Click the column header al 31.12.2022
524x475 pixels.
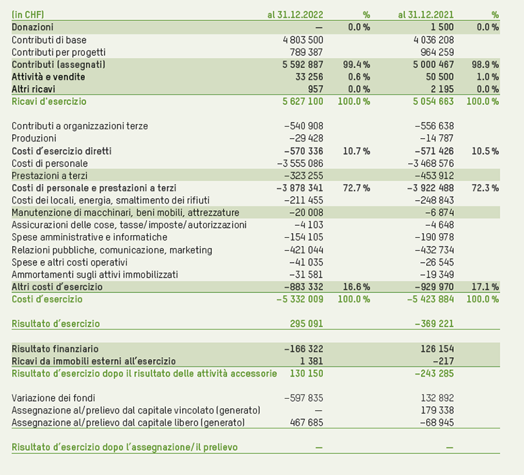coord(295,14)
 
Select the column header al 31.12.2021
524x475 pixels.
coord(426,14)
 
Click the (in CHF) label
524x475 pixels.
coord(28,14)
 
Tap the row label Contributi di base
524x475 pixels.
coord(49,40)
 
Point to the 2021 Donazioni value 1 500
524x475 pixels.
coord(441,27)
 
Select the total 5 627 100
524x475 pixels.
coord(301,101)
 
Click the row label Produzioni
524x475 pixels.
coord(34,138)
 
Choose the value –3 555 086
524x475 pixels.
coord(300,163)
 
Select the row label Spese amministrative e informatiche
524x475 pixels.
coord(89,237)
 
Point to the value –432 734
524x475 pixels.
coord(432,250)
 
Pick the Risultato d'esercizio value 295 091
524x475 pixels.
coord(306,323)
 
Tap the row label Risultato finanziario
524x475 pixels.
coord(55,349)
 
